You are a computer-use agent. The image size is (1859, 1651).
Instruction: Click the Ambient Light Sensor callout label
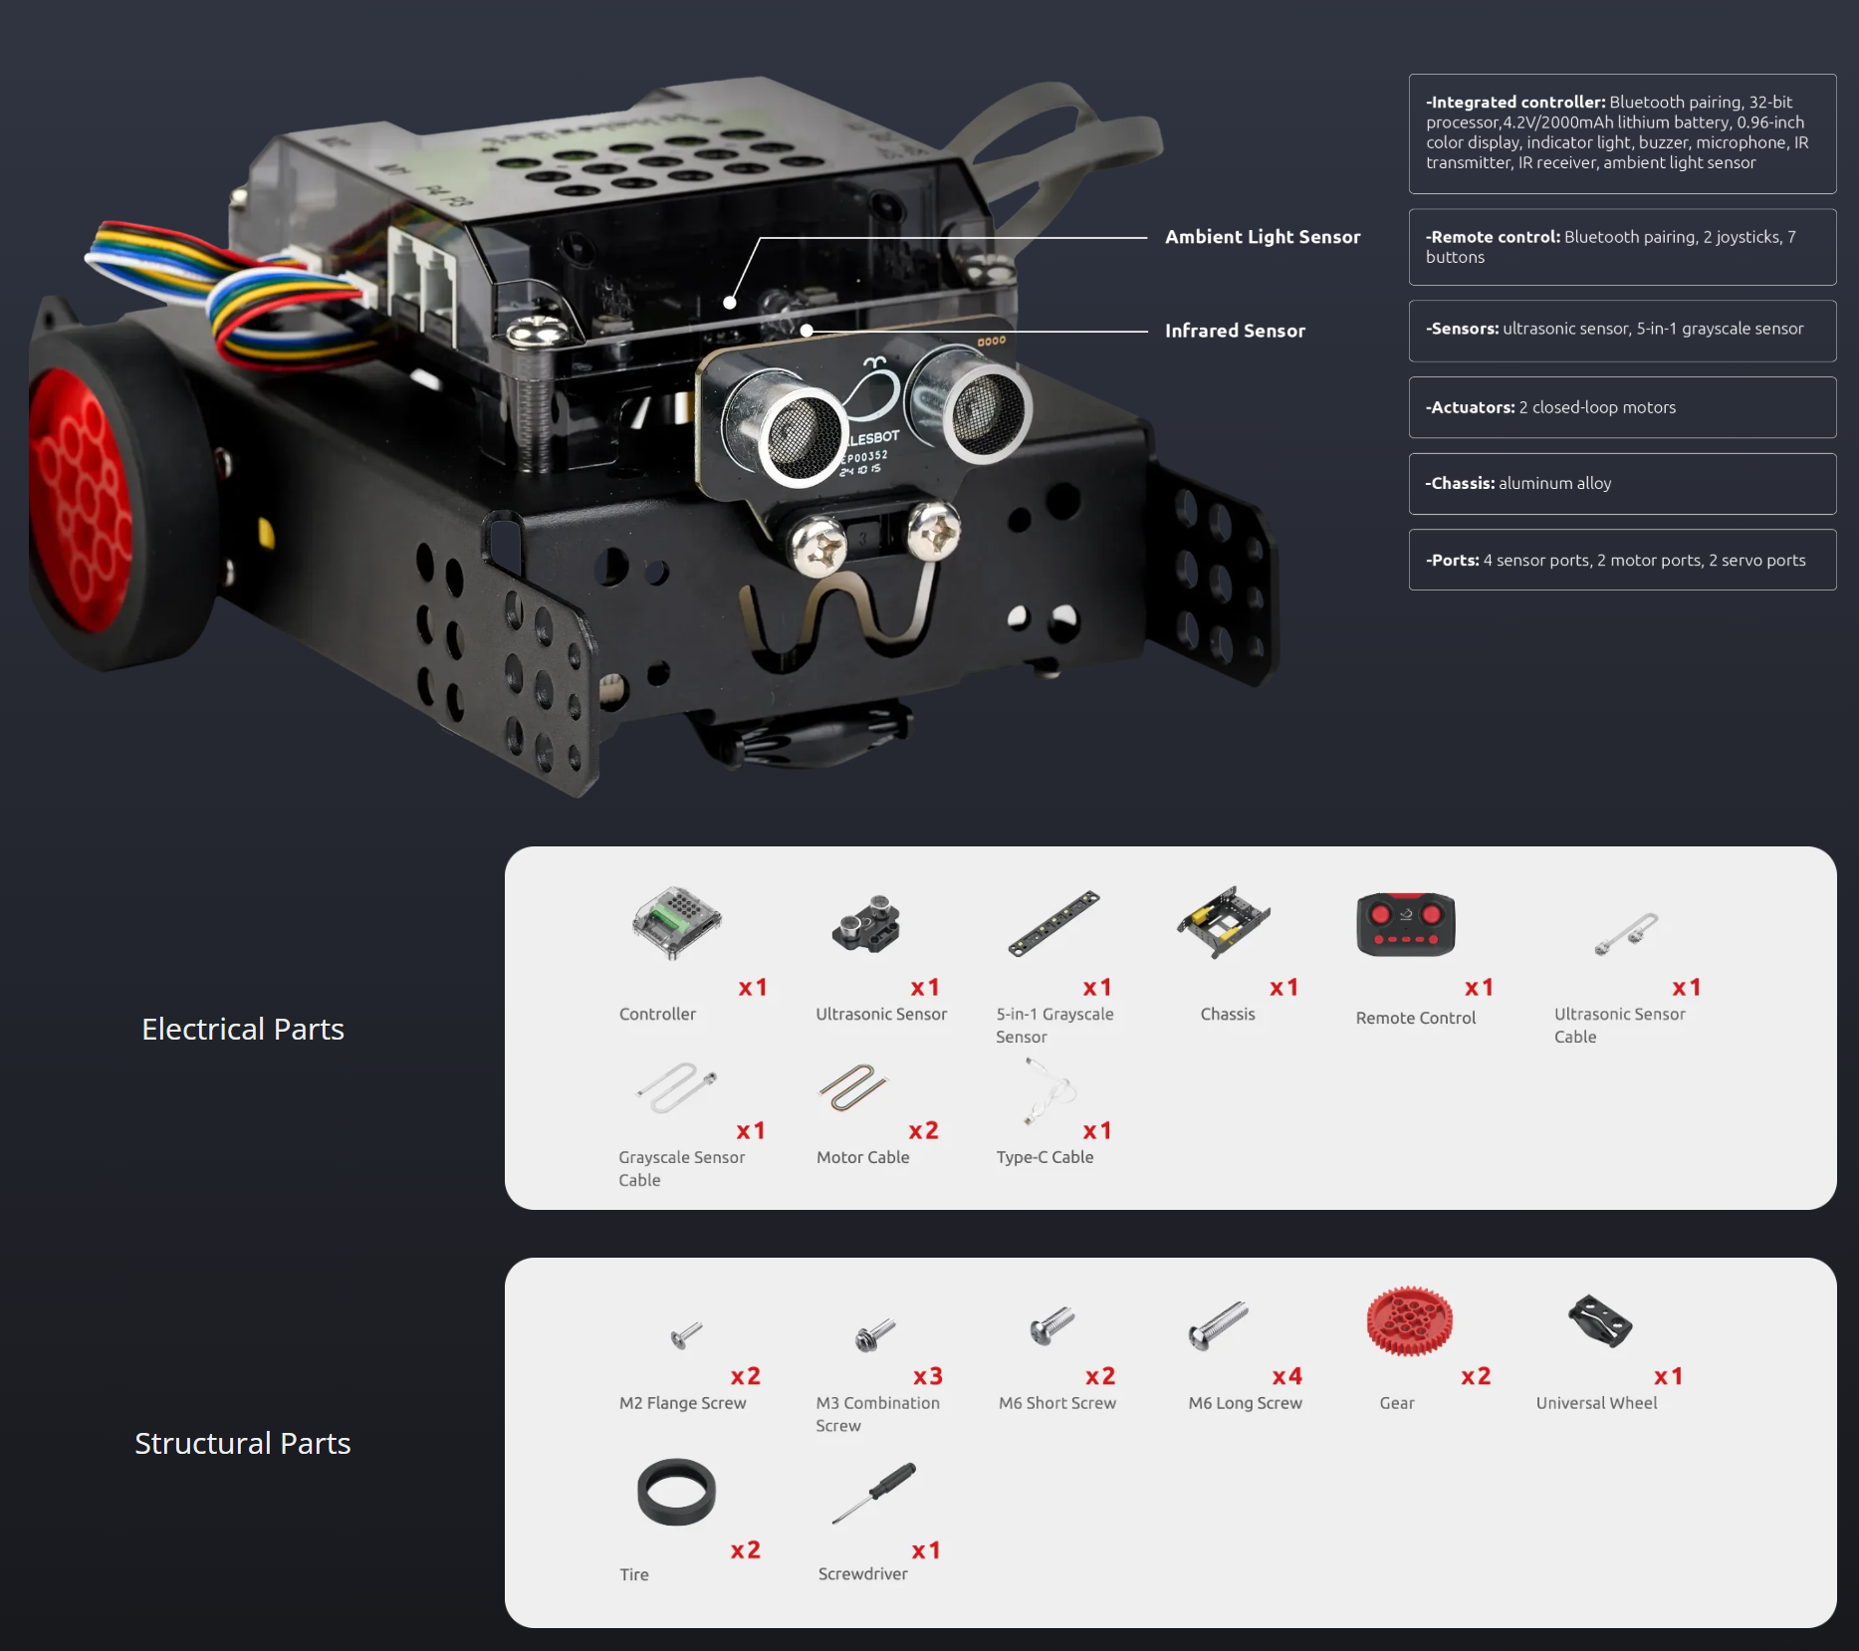(x=1262, y=237)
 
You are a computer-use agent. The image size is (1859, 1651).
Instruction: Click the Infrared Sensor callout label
(x=1235, y=331)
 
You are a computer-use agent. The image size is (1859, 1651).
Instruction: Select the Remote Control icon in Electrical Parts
(x=1405, y=924)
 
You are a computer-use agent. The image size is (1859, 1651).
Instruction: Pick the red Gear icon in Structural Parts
(x=1409, y=1321)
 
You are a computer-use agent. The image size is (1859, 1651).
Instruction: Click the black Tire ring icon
(x=676, y=1492)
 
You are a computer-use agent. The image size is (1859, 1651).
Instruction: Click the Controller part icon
(x=676, y=922)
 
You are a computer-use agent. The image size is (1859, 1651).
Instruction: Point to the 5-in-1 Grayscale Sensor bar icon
(x=1053, y=923)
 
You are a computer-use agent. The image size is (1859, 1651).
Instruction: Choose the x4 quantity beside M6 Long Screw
(x=1286, y=1376)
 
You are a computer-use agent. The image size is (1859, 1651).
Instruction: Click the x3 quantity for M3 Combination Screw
(x=927, y=1376)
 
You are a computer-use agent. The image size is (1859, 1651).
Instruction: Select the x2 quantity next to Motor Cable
(x=923, y=1130)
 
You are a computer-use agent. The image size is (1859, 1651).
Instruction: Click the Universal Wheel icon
(x=1599, y=1321)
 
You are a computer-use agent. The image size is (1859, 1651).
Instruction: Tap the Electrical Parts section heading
(x=243, y=1029)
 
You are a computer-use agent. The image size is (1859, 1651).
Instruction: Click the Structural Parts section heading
(x=243, y=1443)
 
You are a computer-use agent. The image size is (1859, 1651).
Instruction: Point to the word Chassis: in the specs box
(x=1460, y=483)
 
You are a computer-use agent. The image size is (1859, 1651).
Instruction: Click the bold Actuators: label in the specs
(x=1470, y=407)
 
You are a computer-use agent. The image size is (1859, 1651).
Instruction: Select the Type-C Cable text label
(x=1045, y=1157)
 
